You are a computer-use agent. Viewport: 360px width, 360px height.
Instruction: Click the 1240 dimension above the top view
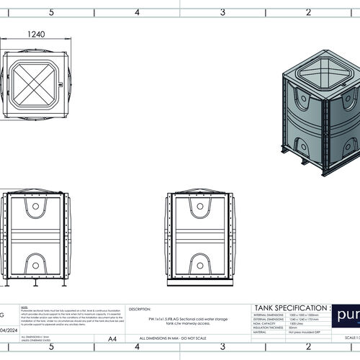tap(35, 34)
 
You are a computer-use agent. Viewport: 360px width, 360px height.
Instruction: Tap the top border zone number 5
tap(50, 12)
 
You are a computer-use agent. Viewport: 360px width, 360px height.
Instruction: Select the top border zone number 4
tap(137, 12)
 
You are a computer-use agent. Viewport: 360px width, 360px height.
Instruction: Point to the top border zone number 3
tap(222, 12)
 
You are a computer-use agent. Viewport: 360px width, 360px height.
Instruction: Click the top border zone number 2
tap(308, 12)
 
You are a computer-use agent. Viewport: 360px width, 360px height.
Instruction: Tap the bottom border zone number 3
tap(222, 347)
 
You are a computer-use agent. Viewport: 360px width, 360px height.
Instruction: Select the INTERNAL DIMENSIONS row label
tap(268, 315)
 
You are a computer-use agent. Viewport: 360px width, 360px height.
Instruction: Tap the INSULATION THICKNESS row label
tap(269, 328)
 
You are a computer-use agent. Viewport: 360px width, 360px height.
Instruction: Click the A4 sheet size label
tap(112, 338)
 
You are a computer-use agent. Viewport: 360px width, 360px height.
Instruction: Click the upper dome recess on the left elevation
tap(35, 209)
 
